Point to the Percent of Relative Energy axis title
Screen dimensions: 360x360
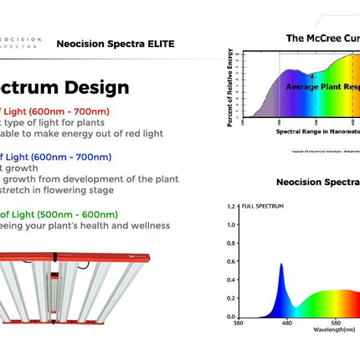point(229,88)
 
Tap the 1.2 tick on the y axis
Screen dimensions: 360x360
point(231,205)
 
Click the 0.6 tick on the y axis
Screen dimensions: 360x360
point(231,261)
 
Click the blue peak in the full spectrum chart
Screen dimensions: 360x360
point(280,266)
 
